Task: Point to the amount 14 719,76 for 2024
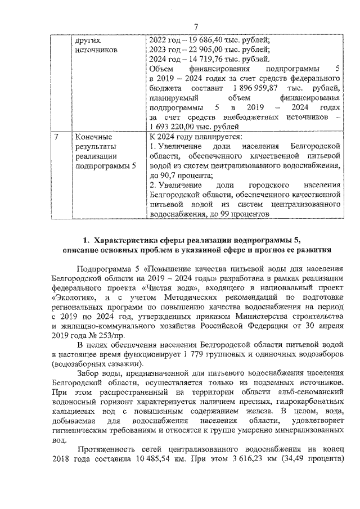[x=204, y=59]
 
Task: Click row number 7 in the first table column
[x=55, y=137]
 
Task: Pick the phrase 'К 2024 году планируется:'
[x=195, y=137]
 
